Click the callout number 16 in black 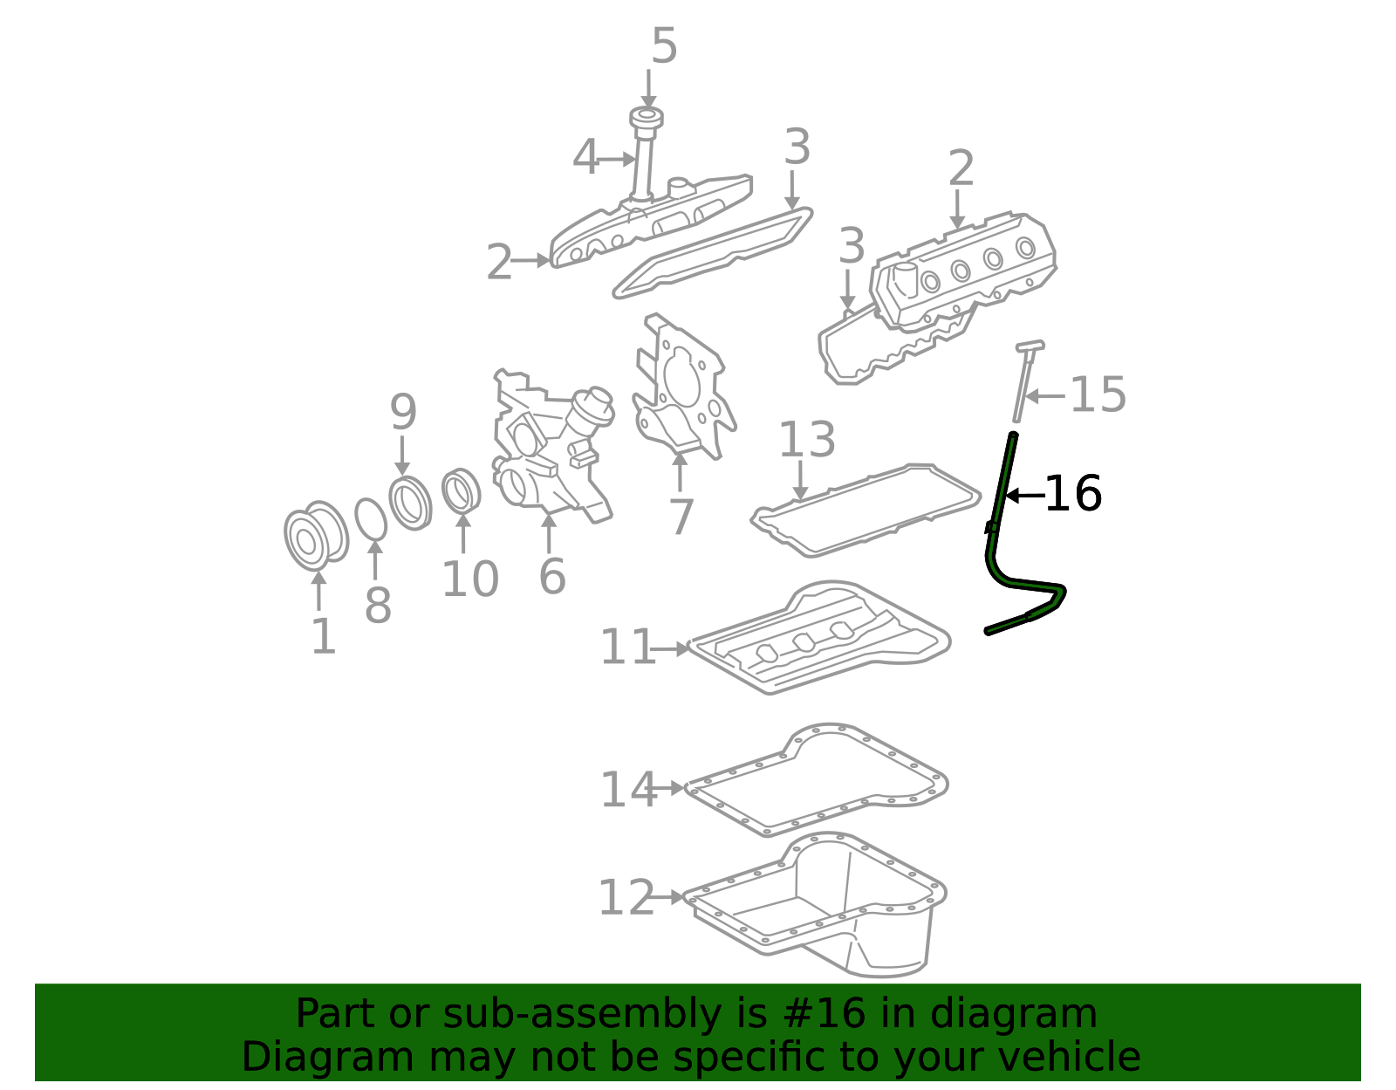pos(1073,494)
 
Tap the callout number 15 pos(1098,394)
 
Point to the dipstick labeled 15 pos(1025,382)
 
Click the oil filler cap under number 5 pos(647,118)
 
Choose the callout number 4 pos(585,157)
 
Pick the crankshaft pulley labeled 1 pos(316,536)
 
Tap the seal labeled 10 pos(462,491)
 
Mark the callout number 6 pos(551,576)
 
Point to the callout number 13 pos(806,440)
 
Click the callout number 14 pos(627,790)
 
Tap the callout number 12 pos(626,897)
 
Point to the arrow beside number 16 pos(1025,495)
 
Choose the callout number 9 pos(403,412)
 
